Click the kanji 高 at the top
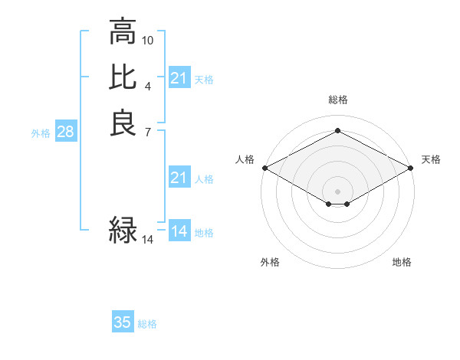123,32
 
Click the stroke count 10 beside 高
148,39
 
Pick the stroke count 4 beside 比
148,85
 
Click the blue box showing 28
65,133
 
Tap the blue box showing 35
123,322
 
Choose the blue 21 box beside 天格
179,78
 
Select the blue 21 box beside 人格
179,178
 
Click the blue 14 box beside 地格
179,231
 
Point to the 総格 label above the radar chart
337,100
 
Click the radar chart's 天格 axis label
431,159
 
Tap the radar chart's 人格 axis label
245,159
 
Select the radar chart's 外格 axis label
270,262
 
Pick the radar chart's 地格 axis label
402,262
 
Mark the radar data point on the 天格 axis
412,167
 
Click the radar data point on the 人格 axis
264,167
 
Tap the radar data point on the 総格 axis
337,130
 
